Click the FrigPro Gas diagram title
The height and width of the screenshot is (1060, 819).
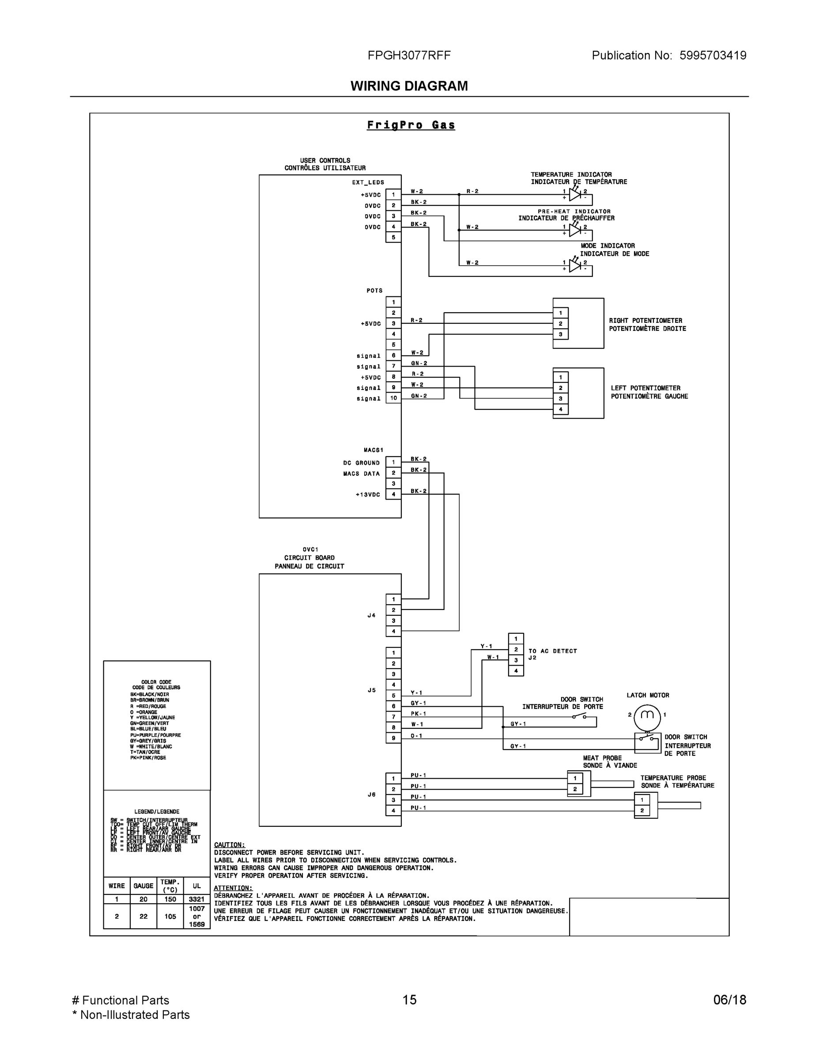411,125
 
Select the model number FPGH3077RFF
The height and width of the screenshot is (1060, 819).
409,55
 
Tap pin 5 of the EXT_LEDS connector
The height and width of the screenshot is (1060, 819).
393,237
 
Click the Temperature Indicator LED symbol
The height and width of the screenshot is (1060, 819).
575,195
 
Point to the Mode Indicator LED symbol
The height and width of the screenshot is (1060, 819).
575,266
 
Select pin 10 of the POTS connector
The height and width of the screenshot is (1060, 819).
393,398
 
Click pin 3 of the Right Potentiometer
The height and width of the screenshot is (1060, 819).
560,334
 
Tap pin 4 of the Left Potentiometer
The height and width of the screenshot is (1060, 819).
560,409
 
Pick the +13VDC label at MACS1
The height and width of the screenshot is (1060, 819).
368,495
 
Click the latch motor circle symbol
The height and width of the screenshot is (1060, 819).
648,715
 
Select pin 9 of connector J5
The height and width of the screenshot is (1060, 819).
393,738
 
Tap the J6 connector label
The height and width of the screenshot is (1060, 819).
372,794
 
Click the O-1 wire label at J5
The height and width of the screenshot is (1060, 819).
416,736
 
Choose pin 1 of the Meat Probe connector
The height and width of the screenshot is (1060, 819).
575,778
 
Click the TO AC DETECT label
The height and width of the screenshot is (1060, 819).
553,651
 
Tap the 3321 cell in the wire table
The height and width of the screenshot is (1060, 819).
196,899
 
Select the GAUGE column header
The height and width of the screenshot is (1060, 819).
143,886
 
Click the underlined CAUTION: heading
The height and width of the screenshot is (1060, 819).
230,844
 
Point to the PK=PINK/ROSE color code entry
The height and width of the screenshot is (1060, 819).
148,757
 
